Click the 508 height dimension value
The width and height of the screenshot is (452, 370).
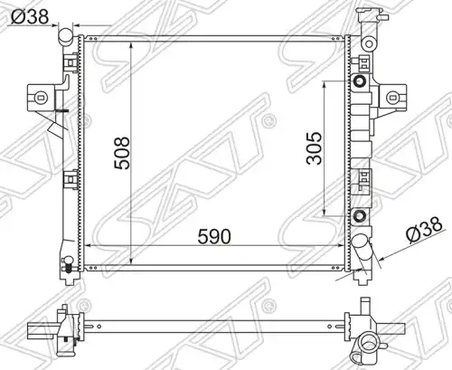[x=122, y=153]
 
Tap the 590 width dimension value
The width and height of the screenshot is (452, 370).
[x=214, y=236]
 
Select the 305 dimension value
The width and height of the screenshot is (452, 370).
[x=314, y=148]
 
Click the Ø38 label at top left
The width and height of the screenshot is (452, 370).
[x=30, y=16]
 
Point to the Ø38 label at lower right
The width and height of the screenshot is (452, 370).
[x=424, y=230]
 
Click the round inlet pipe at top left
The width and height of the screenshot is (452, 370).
[x=66, y=36]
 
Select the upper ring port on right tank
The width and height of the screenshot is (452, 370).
[x=360, y=81]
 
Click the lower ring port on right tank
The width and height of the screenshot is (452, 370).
[x=360, y=216]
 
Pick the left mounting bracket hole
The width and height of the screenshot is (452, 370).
[x=41, y=97]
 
